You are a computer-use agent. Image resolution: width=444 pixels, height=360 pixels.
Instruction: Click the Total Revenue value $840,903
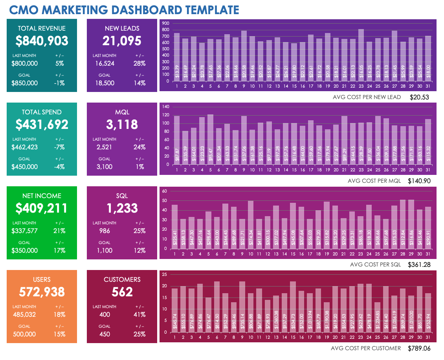pyautogui.click(x=42, y=41)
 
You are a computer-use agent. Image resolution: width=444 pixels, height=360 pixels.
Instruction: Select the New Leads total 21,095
pyautogui.click(x=122, y=41)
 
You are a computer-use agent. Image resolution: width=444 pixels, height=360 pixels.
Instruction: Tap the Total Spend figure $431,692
pyautogui.click(x=42, y=125)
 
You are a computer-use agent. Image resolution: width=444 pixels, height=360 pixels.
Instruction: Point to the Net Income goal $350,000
pyautogui.click(x=25, y=250)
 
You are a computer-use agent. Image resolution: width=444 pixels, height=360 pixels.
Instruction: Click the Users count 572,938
pyautogui.click(x=42, y=292)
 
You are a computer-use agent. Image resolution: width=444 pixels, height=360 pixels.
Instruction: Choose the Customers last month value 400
pyautogui.click(x=105, y=314)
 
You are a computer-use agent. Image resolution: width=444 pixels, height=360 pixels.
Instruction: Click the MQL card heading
pyautogui.click(x=122, y=112)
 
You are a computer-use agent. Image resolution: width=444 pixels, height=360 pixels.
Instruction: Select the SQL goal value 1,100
pyautogui.click(x=105, y=250)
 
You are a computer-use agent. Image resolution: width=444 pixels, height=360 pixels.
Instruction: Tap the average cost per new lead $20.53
pyautogui.click(x=419, y=97)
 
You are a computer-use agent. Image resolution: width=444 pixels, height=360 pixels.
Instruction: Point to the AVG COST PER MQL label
pyautogui.click(x=374, y=181)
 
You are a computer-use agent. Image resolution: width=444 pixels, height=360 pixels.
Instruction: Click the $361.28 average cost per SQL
pyautogui.click(x=419, y=264)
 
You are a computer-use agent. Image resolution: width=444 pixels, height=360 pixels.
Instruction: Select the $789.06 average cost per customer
pyautogui.click(x=419, y=348)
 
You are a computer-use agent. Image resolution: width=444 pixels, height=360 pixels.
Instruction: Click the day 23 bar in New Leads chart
pyautogui.click(x=361, y=55)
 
